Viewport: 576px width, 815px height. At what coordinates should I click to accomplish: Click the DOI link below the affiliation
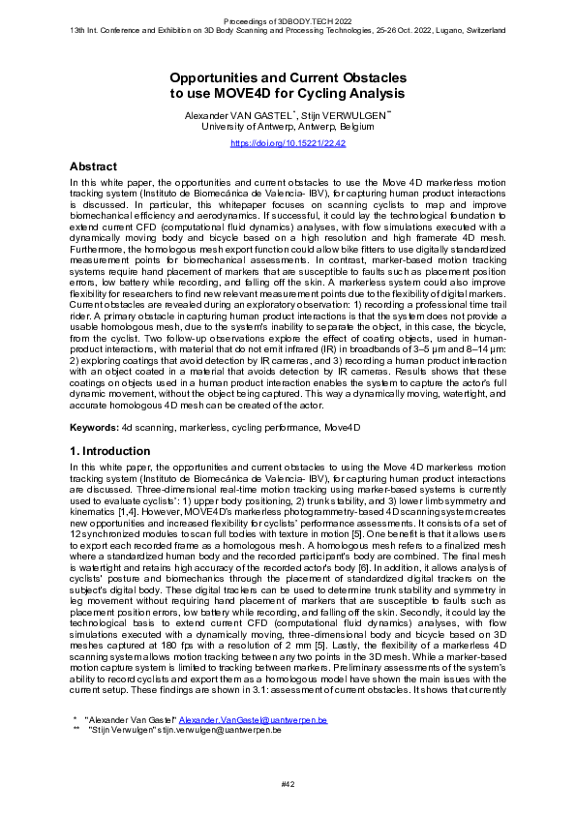pos(288,143)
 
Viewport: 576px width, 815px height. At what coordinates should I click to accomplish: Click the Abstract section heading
pos(95,166)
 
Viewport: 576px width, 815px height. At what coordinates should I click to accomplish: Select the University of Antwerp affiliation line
pos(288,126)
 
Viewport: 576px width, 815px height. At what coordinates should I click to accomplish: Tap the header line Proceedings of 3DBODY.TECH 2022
pos(288,20)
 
